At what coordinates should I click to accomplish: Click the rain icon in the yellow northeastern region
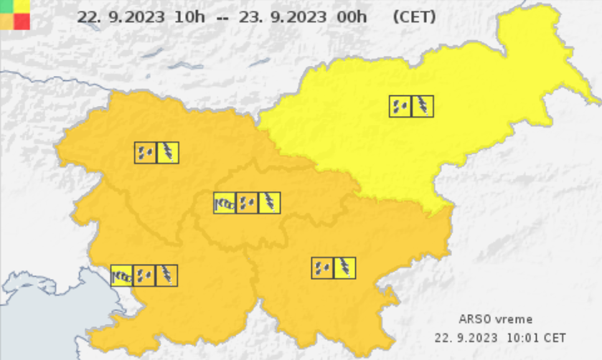click(400, 106)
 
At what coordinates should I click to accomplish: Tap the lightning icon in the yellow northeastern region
click(423, 106)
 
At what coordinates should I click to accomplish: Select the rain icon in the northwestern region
click(146, 153)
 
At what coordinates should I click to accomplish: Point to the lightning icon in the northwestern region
click(168, 153)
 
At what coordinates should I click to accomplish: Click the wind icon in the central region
click(225, 203)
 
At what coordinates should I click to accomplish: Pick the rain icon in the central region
click(247, 203)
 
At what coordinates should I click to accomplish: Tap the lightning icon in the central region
click(269, 203)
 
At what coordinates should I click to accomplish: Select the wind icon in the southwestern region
click(122, 275)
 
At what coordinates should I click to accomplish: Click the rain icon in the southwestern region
click(144, 275)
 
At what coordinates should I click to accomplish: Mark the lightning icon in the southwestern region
click(166, 275)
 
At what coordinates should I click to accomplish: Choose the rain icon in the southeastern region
click(322, 268)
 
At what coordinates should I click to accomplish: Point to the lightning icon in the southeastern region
click(345, 268)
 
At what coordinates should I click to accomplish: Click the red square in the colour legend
click(22, 22)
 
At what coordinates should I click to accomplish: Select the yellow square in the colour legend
click(22, 6)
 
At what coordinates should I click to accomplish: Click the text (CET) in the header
click(414, 16)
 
